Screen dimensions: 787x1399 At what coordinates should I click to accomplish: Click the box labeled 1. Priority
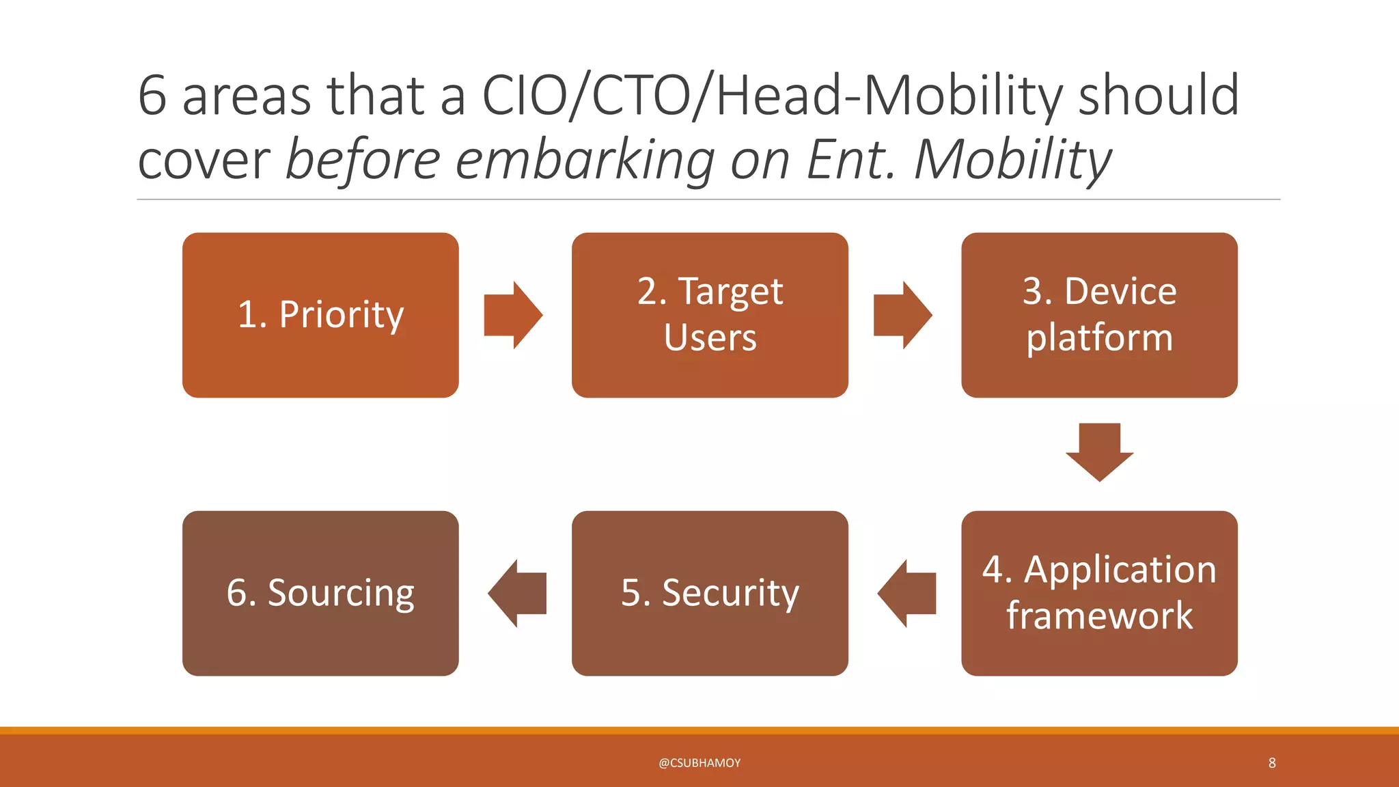[320, 315]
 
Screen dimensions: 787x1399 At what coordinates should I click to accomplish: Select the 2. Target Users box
[710, 315]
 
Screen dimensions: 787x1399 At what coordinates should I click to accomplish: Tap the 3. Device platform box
[1099, 315]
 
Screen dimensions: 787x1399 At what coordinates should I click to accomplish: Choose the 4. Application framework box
[1099, 593]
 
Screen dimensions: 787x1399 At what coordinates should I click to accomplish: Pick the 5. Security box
[710, 593]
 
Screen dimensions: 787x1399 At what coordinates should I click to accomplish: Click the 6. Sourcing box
[320, 593]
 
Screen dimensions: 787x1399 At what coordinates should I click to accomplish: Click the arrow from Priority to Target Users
[513, 315]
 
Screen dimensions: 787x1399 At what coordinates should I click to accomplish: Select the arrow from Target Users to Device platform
[902, 315]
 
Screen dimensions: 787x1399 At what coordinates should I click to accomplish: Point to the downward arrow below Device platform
[1099, 452]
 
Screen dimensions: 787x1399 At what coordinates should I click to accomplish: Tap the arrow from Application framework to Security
[906, 593]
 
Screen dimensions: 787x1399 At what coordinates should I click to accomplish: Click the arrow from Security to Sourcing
[517, 593]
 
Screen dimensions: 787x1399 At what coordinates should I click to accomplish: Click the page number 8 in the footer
[1272, 762]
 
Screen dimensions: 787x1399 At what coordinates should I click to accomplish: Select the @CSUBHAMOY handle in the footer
[699, 763]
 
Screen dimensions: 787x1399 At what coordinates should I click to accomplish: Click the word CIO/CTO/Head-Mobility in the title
[772, 96]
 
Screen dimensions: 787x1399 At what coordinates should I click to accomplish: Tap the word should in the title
[1158, 96]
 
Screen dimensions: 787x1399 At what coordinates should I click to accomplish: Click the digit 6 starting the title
[152, 96]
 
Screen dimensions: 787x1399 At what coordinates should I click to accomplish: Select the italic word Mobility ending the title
[1012, 161]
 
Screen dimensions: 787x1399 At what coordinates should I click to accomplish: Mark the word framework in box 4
[1099, 616]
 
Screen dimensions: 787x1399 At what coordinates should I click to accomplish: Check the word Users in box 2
[710, 337]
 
